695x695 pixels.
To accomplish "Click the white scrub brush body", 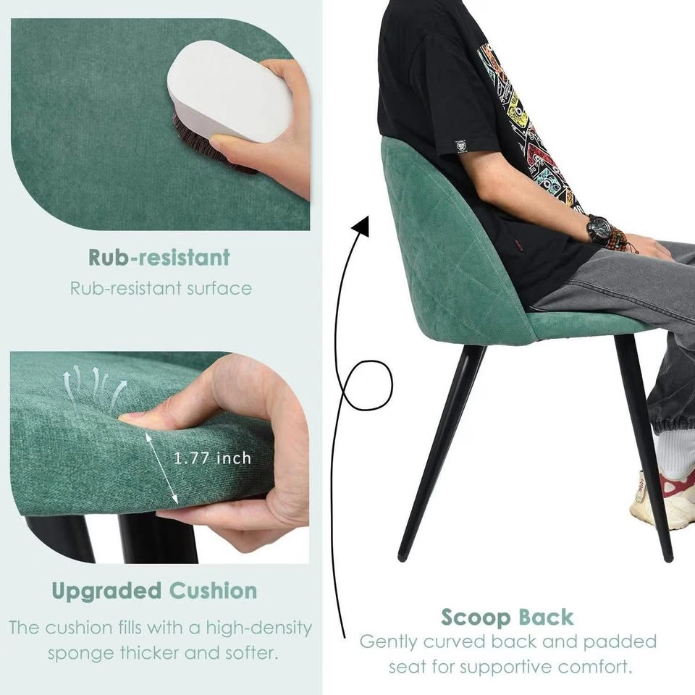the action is pos(229,91).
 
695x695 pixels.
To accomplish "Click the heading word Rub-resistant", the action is pos(159,257).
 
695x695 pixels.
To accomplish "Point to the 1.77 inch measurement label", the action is pos(212,458).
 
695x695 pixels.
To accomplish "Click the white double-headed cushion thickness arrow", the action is pos(161,468).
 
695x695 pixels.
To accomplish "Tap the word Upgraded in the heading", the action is pos(106,591).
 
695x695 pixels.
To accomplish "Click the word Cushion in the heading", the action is pos(213,591).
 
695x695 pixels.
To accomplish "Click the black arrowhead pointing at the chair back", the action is pos(361,227).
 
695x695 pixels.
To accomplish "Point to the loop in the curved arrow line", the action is pos(368,385).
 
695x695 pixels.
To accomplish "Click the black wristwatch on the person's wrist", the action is pos(599,229).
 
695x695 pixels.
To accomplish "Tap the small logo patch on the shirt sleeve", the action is pos(461,146).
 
